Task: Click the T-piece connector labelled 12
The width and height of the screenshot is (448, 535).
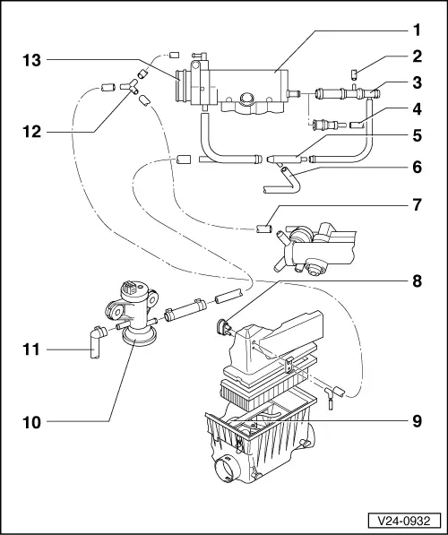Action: (129, 86)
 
